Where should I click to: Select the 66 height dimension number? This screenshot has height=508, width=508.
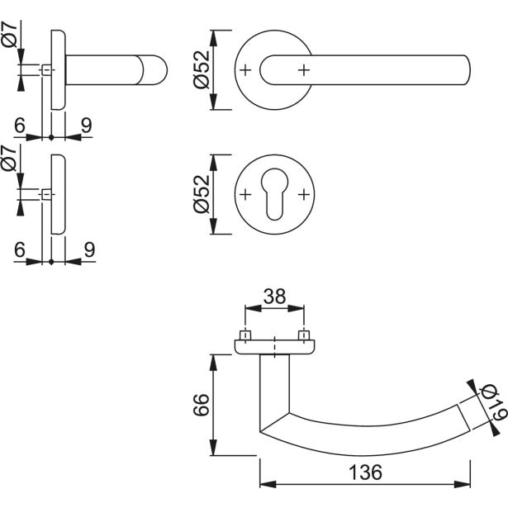point(197,404)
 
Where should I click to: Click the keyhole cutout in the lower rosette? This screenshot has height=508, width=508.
point(275,197)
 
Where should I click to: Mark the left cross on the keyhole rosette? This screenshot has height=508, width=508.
point(245,195)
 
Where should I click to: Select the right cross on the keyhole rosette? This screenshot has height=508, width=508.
point(305,195)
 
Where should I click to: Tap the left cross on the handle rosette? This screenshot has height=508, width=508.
point(245,71)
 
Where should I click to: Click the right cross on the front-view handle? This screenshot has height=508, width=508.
point(305,71)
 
